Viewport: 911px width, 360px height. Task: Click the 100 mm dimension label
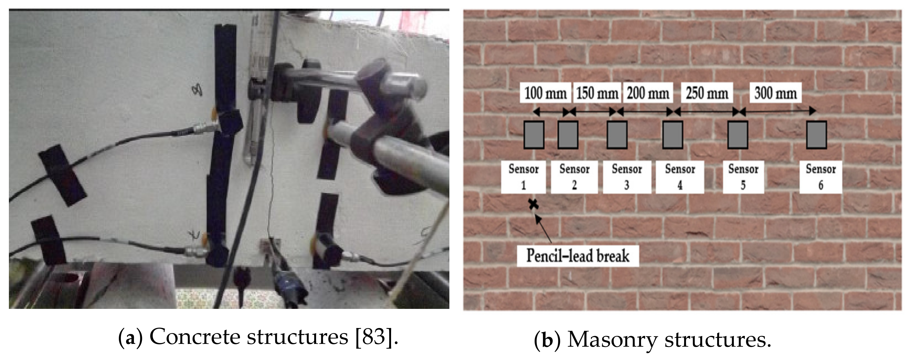pos(545,93)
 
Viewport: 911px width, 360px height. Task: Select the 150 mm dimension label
pos(597,93)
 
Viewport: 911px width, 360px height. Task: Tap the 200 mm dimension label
pos(648,93)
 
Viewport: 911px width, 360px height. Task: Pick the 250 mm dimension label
pos(707,93)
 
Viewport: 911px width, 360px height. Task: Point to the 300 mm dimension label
pos(775,93)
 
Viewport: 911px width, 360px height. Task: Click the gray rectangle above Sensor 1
pos(534,134)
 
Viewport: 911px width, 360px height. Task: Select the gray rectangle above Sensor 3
pos(617,134)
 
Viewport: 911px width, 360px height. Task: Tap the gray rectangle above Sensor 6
pos(816,134)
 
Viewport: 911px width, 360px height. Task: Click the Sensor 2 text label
pos(574,177)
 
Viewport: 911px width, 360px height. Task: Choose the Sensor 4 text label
pos(680,177)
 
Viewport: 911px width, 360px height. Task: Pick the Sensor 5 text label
pos(743,177)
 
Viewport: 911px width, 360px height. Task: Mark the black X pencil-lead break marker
pos(533,204)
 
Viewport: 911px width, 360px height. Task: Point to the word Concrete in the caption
pos(196,337)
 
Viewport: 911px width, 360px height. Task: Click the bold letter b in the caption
pos(547,340)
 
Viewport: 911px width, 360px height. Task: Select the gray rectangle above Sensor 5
pos(738,134)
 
